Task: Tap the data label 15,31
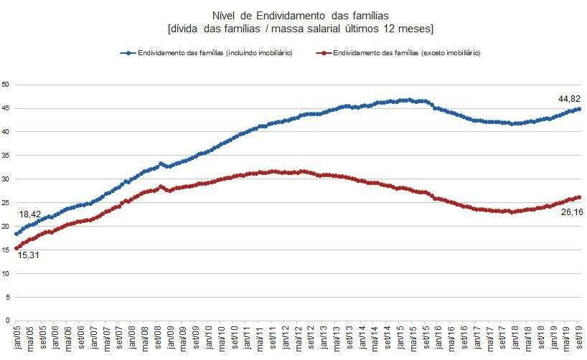pyautogui.click(x=26, y=255)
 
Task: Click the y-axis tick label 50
pyautogui.click(x=6, y=85)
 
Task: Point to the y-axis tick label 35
pyautogui.click(x=6, y=156)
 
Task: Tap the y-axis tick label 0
pyautogui.click(x=7, y=321)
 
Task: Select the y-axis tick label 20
pyautogui.click(x=6, y=226)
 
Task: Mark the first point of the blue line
pyautogui.click(x=16, y=234)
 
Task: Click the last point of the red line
pyautogui.click(x=579, y=197)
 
